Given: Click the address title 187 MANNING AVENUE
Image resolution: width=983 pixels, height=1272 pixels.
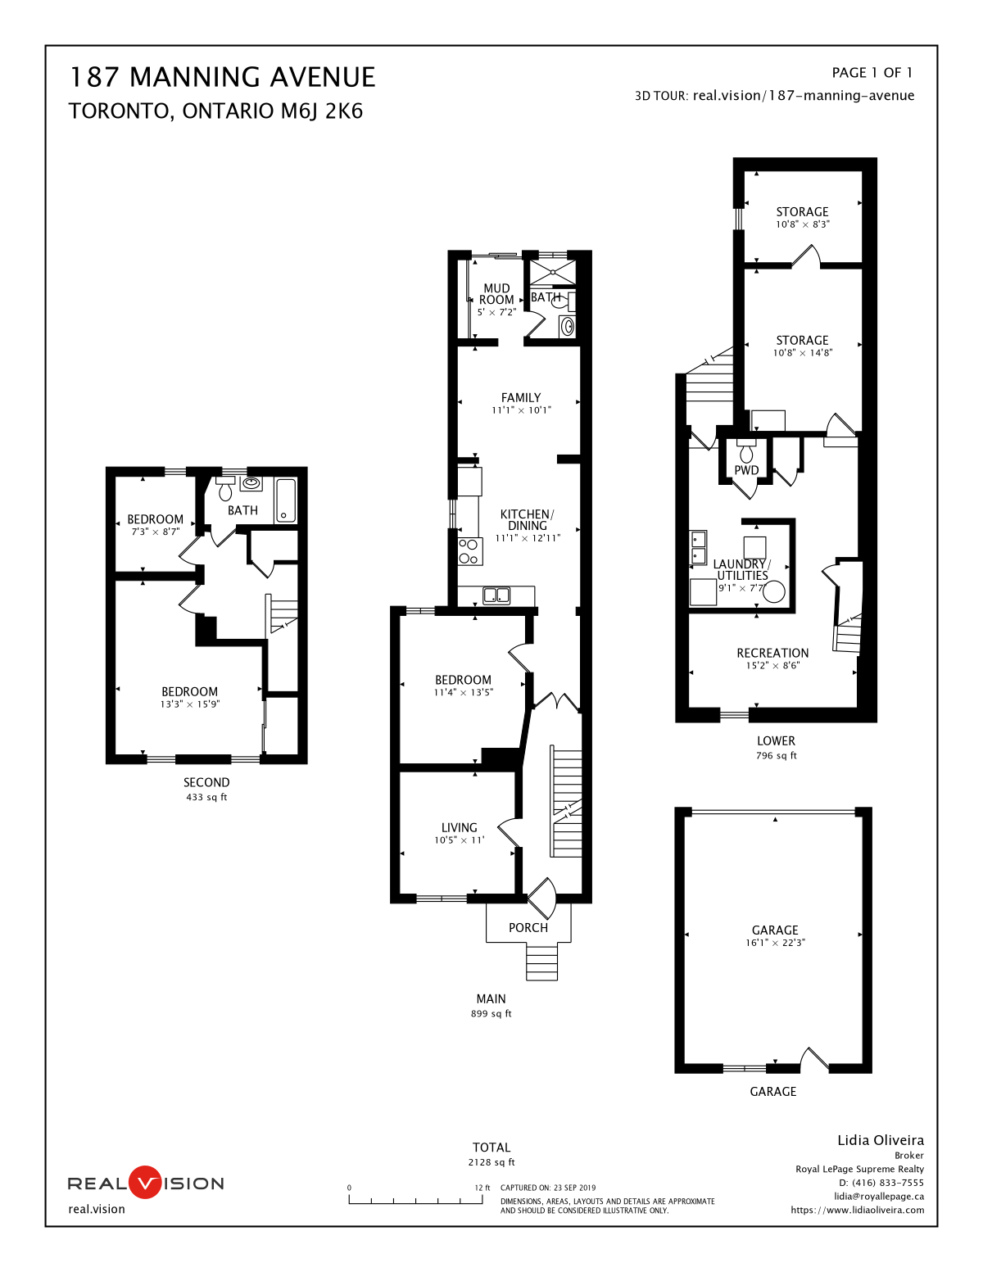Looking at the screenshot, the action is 223,77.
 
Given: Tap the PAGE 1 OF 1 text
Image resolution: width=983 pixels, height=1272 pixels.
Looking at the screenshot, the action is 872,73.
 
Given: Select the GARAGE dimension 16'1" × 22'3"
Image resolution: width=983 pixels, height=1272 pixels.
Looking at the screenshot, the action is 775,943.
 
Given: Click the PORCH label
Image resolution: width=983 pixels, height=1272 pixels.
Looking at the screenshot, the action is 528,928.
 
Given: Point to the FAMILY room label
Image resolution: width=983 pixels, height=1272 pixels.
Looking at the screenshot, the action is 520,397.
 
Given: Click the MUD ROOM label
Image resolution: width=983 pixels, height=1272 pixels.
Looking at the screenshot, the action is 496,294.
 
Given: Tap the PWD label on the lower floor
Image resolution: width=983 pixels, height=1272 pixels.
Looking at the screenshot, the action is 746,470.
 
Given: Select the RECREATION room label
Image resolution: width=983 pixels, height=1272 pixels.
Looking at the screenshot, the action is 772,653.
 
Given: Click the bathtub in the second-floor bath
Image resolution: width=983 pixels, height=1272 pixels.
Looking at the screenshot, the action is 286,500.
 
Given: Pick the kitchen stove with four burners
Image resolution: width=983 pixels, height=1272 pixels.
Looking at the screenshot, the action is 470,551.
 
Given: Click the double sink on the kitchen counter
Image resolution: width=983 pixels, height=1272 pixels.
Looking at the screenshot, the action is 496,596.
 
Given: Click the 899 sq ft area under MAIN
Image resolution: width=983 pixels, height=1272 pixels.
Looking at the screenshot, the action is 491,1013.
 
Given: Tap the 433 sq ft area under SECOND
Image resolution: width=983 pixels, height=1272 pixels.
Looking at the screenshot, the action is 206,797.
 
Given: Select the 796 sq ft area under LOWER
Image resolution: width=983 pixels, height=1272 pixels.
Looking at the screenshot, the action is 777,755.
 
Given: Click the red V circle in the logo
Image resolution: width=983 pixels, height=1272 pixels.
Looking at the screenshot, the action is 145,1182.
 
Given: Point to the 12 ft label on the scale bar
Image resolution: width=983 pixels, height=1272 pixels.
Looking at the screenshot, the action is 482,1188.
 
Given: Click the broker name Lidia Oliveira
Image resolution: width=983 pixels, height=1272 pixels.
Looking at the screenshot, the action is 881,1139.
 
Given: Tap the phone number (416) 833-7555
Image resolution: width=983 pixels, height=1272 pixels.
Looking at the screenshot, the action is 888,1183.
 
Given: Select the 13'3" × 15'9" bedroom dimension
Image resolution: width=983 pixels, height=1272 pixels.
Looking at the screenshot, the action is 190,704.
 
